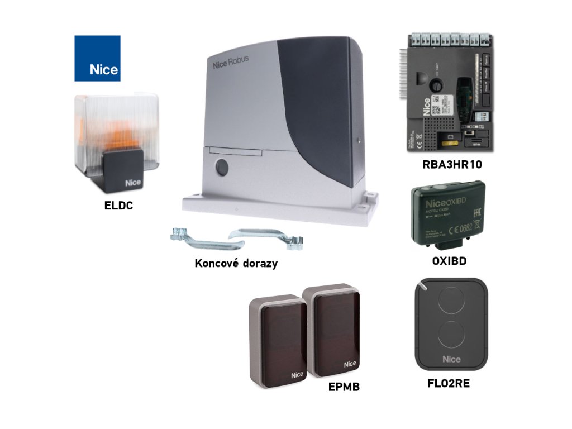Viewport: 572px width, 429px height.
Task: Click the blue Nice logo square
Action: (x=97, y=58)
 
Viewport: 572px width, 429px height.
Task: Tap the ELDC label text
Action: (x=118, y=206)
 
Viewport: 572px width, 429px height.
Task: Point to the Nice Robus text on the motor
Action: (x=231, y=63)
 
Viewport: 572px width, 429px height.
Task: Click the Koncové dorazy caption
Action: (x=236, y=263)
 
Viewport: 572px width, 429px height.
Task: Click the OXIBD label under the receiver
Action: (x=450, y=261)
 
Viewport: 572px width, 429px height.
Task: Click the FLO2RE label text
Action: (x=449, y=384)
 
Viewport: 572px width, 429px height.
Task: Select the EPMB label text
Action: (x=344, y=386)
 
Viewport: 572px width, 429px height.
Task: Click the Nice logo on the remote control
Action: (x=451, y=359)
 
